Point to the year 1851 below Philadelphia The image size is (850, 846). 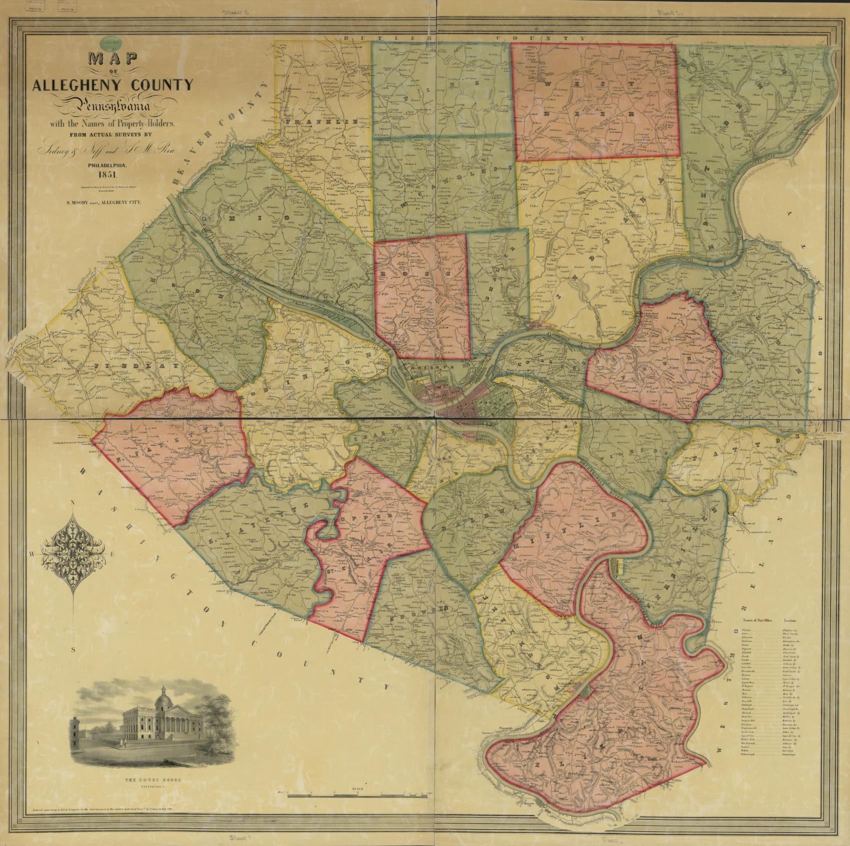point(108,175)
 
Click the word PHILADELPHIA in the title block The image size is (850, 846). point(109,164)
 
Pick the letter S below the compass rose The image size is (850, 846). point(74,650)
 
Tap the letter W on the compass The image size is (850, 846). point(32,554)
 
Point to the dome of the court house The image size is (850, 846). point(162,698)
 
